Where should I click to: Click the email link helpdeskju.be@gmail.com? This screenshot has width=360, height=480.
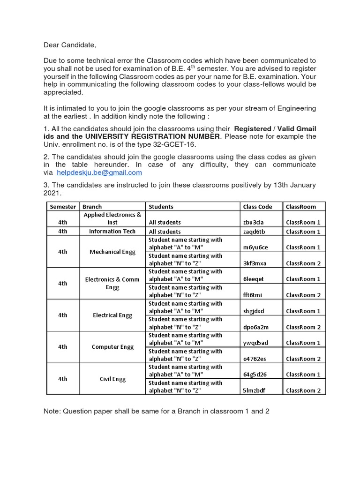pos(102,172)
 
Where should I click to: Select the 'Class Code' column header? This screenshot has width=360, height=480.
pos(257,207)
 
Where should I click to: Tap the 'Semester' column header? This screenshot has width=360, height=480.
pos(63,207)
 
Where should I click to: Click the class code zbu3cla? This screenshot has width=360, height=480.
pos(254,223)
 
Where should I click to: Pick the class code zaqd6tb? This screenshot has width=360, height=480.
pos(255,232)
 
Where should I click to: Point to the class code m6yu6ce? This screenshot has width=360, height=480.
pos(256,247)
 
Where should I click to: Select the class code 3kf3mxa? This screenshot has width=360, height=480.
pos(255,263)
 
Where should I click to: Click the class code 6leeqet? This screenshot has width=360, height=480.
pos(254,279)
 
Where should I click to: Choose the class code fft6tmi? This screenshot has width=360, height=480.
pos(253,295)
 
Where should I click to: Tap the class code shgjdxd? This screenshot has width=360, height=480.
pos(254,311)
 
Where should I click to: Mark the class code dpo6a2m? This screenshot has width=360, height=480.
pos(256,327)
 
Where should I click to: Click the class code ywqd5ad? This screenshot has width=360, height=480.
pos(255,343)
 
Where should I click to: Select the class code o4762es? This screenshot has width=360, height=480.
pos(255,359)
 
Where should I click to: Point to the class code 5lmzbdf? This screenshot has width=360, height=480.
pos(254,391)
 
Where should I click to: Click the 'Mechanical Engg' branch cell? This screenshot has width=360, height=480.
pos(112,252)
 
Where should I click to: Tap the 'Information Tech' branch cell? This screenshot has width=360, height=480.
pos(112,232)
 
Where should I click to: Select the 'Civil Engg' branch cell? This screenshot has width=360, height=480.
pos(112,379)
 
